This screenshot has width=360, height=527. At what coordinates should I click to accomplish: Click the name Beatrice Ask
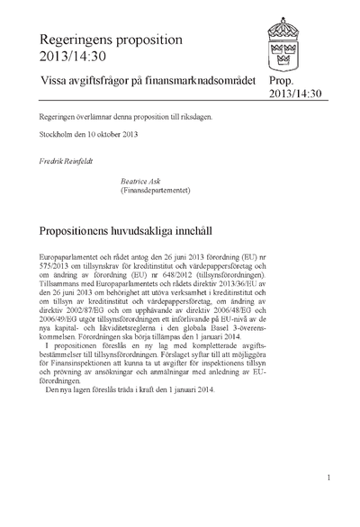(x=139, y=181)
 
